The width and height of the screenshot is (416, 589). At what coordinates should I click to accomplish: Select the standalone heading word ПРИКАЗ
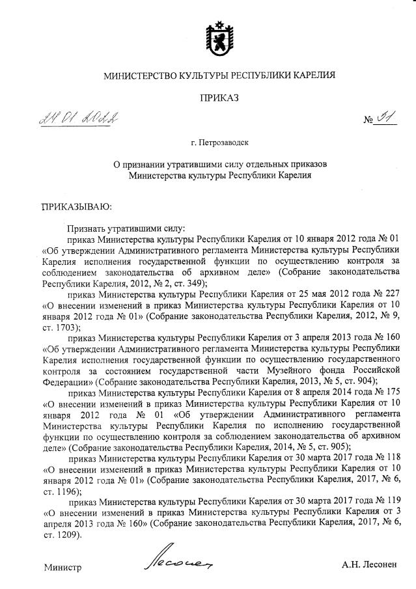(x=219, y=98)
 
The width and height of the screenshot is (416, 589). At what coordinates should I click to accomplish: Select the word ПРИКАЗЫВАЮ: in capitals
(x=77, y=208)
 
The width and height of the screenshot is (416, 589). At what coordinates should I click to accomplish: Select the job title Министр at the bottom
(x=62, y=567)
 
